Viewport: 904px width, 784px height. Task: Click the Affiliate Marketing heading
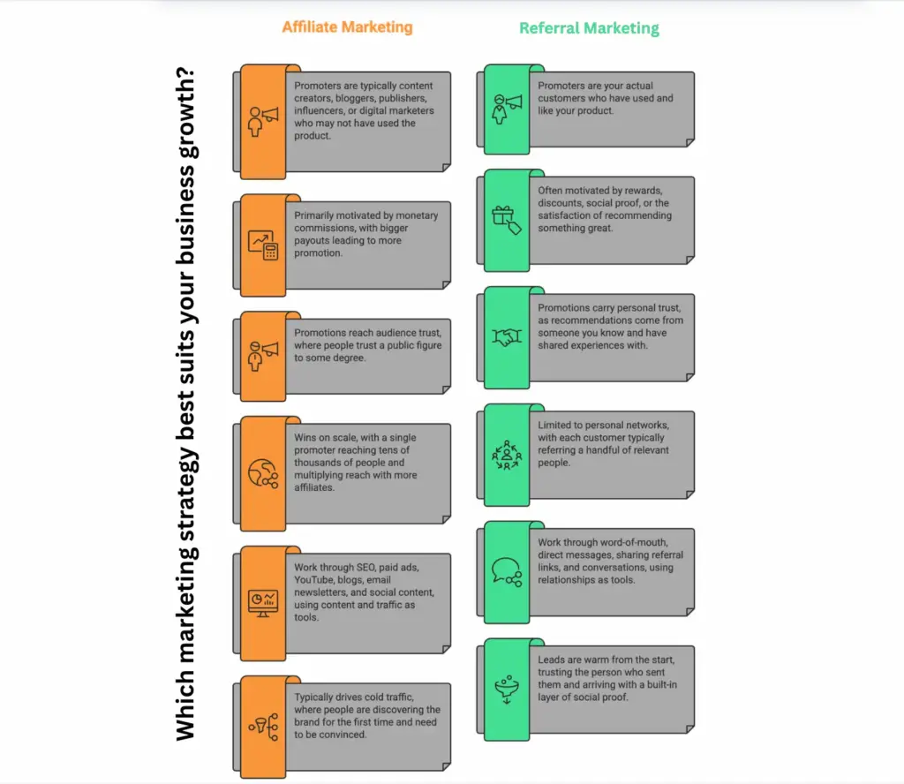point(347,26)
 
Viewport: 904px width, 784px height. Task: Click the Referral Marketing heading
point(589,27)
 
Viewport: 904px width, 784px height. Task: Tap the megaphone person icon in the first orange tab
point(262,121)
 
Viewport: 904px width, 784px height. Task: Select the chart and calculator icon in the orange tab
point(262,245)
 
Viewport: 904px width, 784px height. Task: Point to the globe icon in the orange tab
point(262,472)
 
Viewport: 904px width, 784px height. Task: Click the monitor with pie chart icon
point(262,601)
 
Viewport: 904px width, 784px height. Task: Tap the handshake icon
point(506,337)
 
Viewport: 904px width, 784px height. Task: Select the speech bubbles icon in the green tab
point(506,570)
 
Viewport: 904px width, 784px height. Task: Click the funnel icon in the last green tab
point(506,687)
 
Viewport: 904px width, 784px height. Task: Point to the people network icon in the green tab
point(506,454)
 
